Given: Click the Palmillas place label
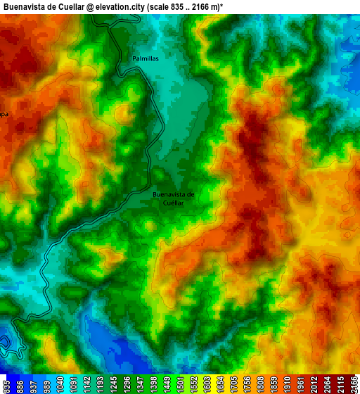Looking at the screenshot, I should coord(146,59).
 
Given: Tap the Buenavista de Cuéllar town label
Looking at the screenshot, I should coord(173,198).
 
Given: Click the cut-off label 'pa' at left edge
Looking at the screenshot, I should coord(4,113).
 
